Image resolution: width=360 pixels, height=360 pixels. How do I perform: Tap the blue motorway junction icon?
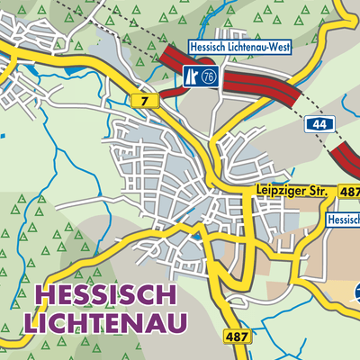[x=192, y=76]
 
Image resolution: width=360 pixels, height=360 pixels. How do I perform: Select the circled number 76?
[x=210, y=76]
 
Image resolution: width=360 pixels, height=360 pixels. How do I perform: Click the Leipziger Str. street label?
[x=292, y=192]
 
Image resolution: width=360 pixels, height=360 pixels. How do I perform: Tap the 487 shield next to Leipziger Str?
[x=349, y=192]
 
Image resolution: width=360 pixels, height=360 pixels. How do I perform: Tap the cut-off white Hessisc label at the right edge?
[x=343, y=219]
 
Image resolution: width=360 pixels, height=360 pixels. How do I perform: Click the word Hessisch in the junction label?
[x=207, y=47]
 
